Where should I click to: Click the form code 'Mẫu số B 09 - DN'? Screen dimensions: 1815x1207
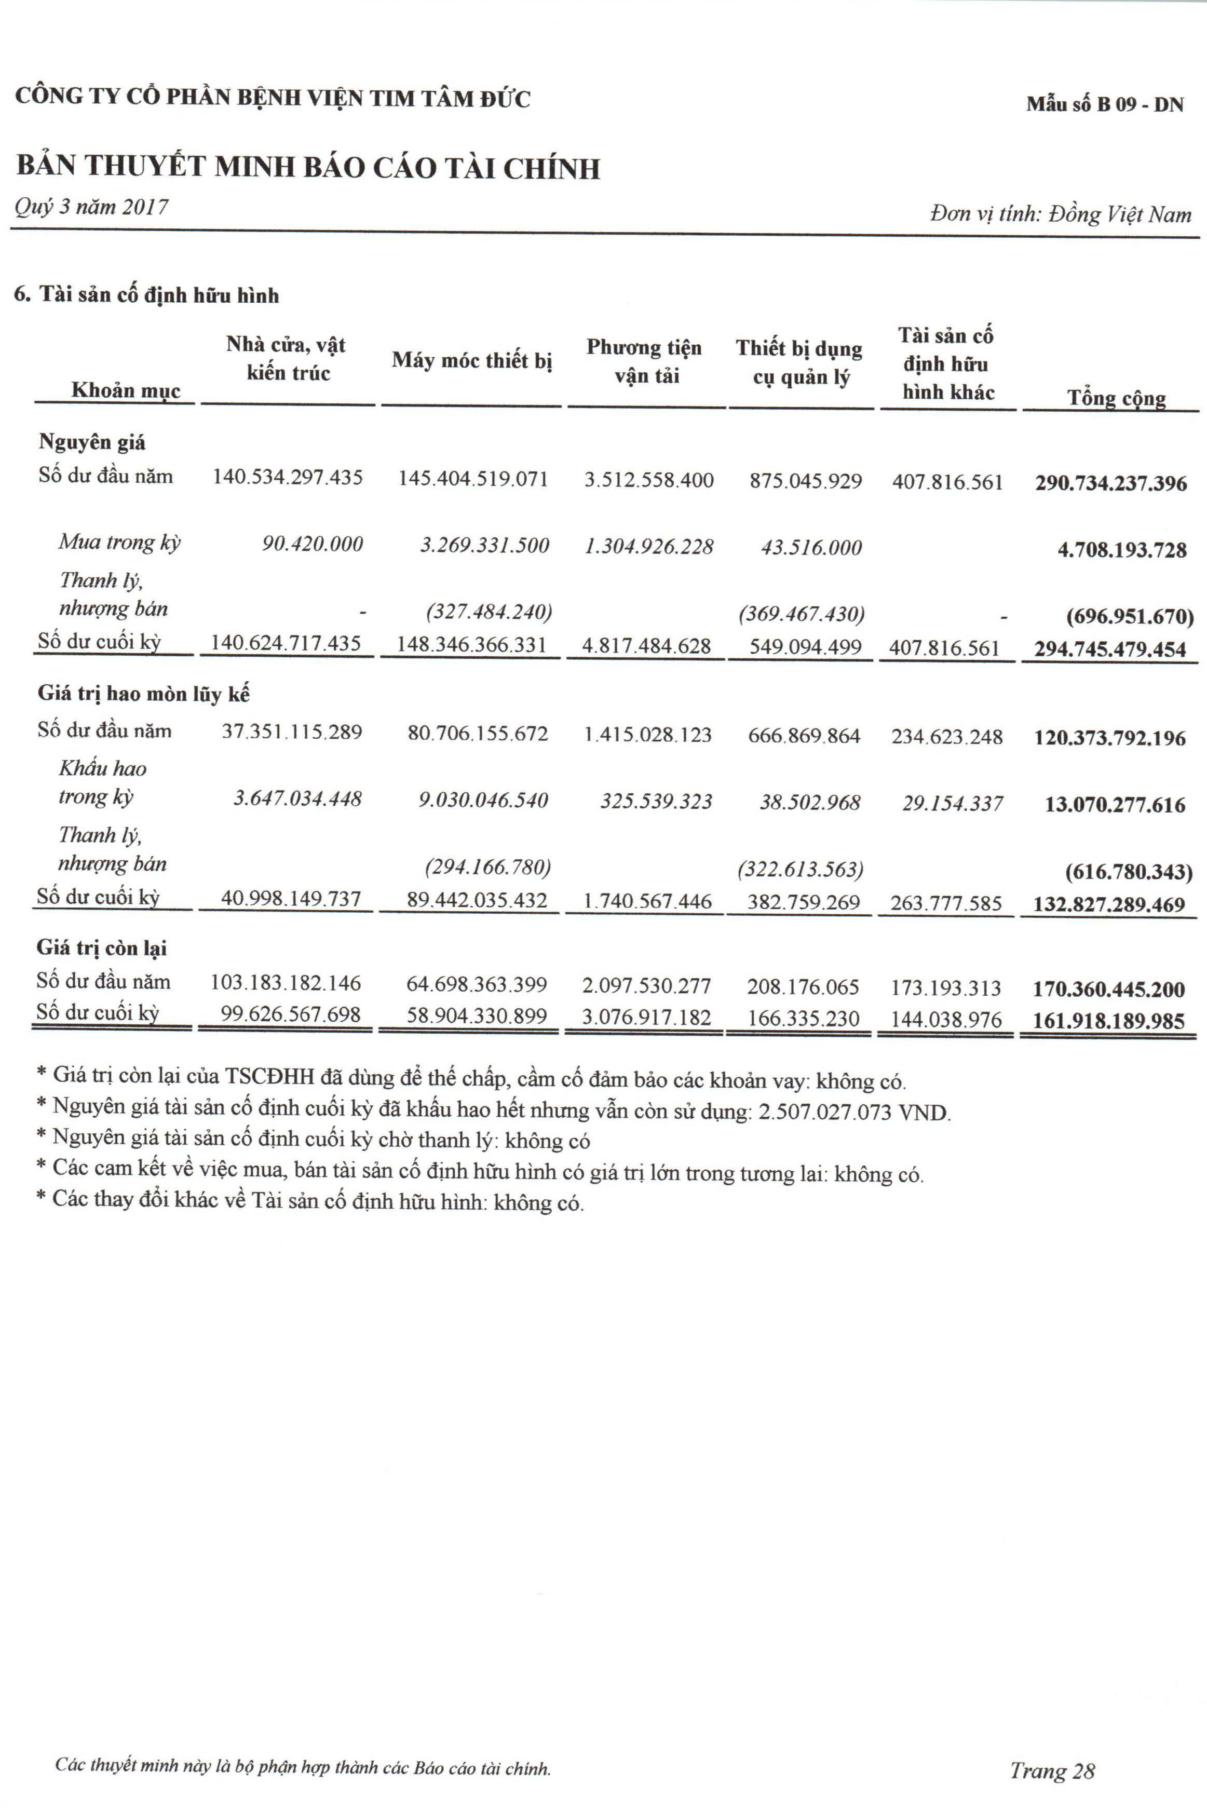[x=1105, y=105]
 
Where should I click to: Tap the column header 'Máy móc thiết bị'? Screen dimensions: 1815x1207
[x=472, y=360]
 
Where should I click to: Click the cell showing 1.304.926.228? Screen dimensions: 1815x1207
[x=649, y=547]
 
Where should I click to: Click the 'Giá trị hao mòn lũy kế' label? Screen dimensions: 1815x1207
[x=144, y=694]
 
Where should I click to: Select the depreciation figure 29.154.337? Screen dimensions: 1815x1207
[x=952, y=804]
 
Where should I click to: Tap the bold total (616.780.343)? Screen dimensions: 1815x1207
[x=1129, y=872]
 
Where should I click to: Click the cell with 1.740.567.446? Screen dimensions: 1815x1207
[x=647, y=901]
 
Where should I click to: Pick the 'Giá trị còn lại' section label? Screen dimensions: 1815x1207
[x=102, y=949]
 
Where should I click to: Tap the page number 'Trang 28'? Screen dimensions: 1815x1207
[x=1052, y=1750]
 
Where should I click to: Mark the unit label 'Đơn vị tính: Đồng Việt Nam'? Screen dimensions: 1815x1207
[x=1060, y=214]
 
